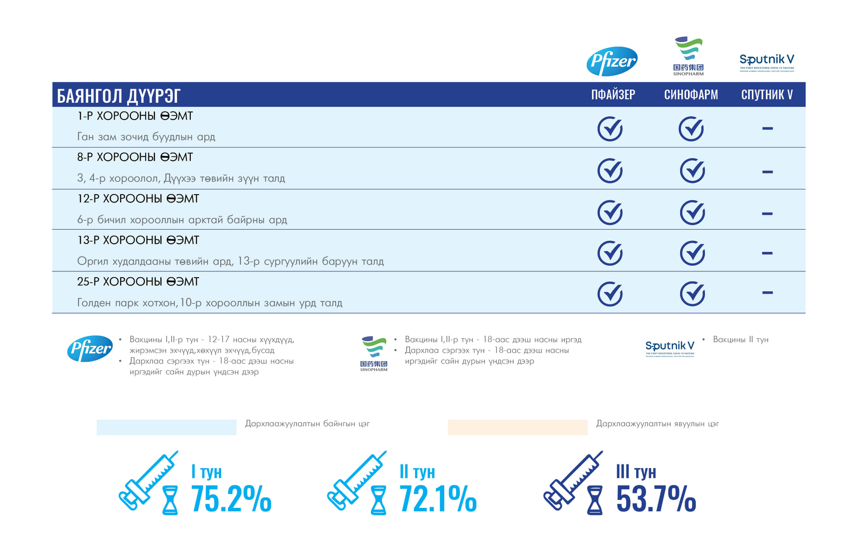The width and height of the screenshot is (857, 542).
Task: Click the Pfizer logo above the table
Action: tap(612, 61)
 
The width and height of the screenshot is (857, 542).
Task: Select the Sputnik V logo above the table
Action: tap(767, 62)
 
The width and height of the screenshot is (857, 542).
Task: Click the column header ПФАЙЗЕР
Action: tap(613, 95)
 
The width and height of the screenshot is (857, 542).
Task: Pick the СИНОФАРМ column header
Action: tap(691, 95)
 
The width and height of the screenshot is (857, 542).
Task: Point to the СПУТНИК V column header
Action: tap(767, 95)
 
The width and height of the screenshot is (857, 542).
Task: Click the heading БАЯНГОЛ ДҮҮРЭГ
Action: tap(118, 96)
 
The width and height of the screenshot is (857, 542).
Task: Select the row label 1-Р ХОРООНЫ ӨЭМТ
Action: tap(135, 116)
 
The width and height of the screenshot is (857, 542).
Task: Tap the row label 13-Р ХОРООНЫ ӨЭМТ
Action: tap(138, 240)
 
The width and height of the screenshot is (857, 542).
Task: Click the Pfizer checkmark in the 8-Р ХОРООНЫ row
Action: tap(610, 171)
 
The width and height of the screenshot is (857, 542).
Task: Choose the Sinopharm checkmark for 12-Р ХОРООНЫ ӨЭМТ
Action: tap(692, 213)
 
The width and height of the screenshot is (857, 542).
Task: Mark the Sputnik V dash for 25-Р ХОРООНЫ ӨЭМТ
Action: tap(767, 292)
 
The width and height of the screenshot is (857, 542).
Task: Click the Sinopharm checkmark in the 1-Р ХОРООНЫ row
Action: tap(691, 129)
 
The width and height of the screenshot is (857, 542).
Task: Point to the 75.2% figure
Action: tap(231, 499)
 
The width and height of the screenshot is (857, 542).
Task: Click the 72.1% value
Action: tap(438, 499)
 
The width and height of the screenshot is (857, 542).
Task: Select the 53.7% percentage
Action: tap(656, 499)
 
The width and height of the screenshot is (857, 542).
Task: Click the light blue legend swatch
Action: tap(166, 427)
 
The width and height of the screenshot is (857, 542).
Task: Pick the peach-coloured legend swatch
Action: tap(517, 427)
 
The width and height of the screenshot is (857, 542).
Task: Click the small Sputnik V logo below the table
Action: tap(669, 348)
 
